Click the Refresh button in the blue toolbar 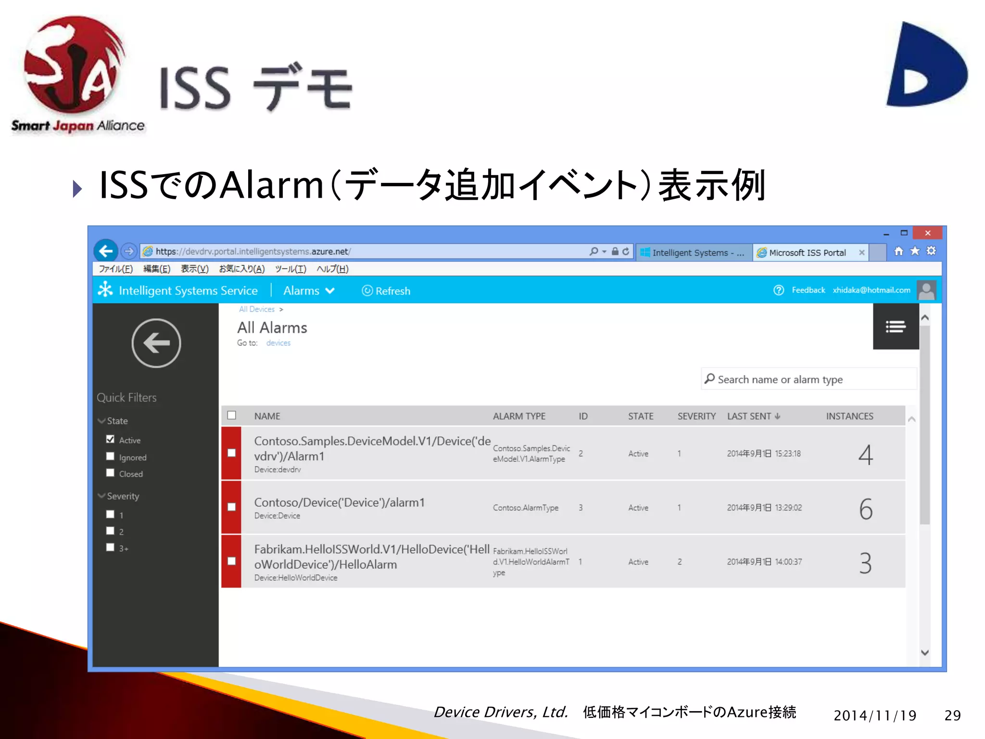click(x=386, y=291)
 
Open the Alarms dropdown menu click(x=309, y=291)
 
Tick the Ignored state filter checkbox click(x=110, y=457)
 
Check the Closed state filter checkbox click(x=110, y=473)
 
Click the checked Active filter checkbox click(x=110, y=439)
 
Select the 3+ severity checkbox click(x=110, y=548)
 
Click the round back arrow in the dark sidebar click(x=156, y=343)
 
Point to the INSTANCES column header click(x=849, y=416)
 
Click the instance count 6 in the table click(x=866, y=509)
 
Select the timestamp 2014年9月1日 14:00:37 click(x=764, y=562)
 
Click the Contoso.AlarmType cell click(x=525, y=508)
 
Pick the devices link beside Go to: click(x=278, y=343)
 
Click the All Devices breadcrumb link click(x=257, y=309)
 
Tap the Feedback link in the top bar click(x=808, y=290)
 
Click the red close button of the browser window click(x=927, y=233)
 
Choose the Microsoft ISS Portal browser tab click(x=807, y=253)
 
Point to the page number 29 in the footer click(x=952, y=715)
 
